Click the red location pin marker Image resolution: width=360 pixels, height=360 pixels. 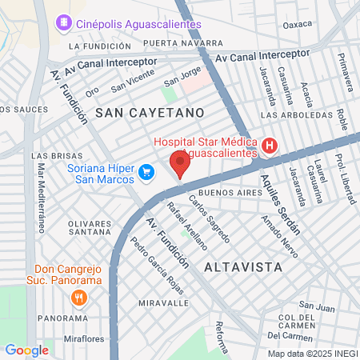coord(180,165)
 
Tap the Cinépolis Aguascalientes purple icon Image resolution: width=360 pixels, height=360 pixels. coord(63,24)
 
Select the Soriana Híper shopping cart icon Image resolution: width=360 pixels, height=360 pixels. coord(146,171)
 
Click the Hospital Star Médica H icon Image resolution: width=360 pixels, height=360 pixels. coord(270,146)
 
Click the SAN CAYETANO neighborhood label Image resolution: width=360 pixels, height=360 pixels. coord(150,113)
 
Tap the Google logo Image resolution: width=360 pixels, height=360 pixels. coord(26,350)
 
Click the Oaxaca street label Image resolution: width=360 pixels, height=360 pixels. coord(297,24)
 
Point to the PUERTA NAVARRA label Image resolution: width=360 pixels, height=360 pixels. coord(184,42)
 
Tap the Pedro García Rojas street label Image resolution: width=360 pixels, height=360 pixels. coord(158,265)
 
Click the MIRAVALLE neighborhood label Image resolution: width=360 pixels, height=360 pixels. coord(162,304)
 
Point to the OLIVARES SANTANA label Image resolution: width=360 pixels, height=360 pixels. coord(90,226)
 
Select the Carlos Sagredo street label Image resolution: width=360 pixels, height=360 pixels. coord(210,218)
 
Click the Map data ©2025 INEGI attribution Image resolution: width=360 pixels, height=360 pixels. coord(313,353)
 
